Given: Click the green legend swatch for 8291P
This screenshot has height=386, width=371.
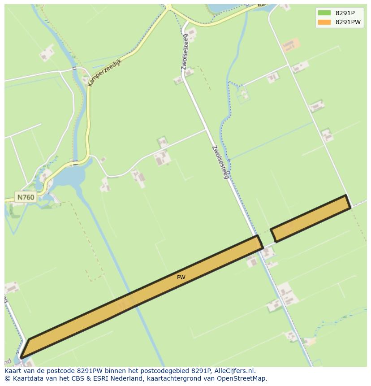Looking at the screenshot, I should coord(324,13).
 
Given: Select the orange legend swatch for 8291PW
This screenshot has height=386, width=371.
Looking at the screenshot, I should coord(324,22).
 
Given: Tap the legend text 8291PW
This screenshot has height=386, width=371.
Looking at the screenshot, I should coord(348,22).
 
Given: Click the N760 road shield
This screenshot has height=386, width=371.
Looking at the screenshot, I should coord(26,197).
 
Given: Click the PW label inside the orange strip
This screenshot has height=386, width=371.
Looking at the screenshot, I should coord(181,278).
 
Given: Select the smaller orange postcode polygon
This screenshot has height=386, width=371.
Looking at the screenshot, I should coord(311,218).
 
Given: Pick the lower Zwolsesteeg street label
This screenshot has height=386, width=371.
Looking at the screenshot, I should coord(220,162).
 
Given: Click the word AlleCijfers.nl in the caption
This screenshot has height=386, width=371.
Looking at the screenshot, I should coord(234,371).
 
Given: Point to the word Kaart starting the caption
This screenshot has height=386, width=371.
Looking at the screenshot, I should coord(13,371).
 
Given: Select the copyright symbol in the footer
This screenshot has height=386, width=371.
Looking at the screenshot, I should coord(7,378).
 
